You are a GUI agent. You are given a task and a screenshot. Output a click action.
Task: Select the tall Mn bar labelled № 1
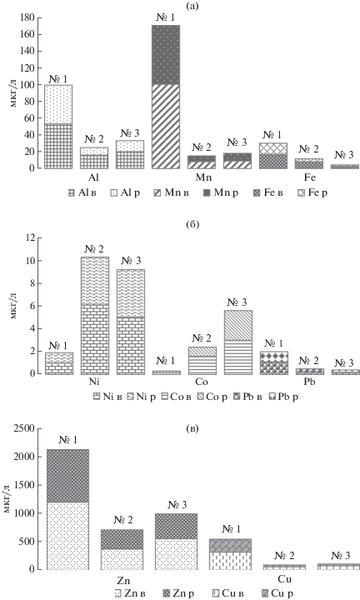pos(166,97)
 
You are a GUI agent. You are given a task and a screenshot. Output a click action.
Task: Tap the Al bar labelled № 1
pos(58,127)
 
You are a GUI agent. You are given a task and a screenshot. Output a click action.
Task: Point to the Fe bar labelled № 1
pos(273,156)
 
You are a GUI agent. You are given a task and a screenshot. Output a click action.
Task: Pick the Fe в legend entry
pos(270,192)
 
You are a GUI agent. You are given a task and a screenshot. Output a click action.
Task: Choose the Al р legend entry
pos(127,192)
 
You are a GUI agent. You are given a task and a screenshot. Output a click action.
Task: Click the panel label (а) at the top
pos(192,6)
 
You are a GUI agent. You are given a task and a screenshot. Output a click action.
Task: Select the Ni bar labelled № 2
pos(94,316)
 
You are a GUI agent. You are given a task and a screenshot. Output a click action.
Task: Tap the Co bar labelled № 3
pos(238,342)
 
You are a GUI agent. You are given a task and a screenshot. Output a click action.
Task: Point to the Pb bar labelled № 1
pos(273,362)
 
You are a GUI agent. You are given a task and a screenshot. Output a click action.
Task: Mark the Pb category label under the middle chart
pos(309,381)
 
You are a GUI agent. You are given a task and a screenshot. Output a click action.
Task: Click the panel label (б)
pos(192,224)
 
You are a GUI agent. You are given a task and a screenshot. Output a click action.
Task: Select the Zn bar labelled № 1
pos(68,509)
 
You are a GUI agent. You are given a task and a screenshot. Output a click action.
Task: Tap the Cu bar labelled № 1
pos(230,554)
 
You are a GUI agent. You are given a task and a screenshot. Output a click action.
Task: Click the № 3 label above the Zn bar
pos(177,505)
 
